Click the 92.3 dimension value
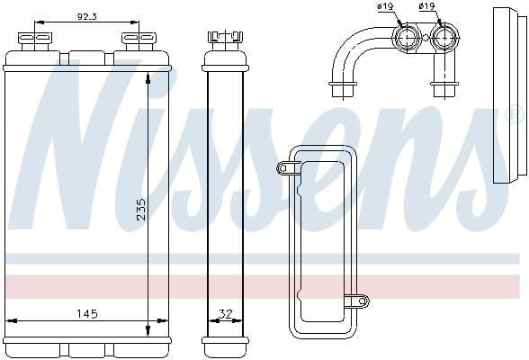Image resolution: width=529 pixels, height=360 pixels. tap(87, 15)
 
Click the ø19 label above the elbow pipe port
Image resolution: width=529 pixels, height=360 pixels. tap(387, 7)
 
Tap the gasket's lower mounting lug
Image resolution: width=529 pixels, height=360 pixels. tap(362, 300)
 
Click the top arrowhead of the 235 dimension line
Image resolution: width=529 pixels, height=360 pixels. tap(148, 74)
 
